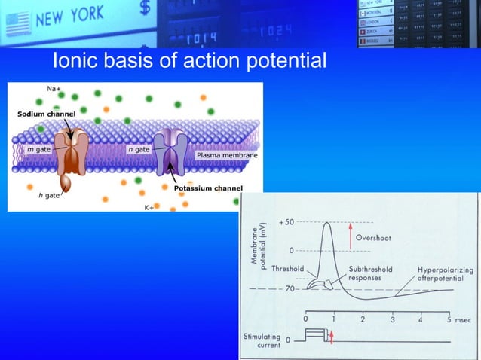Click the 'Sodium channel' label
(47, 114)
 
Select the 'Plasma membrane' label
(227, 155)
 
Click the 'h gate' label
(49, 195)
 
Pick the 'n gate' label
(139, 149)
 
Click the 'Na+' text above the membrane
(54, 90)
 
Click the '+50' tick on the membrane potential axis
(286, 223)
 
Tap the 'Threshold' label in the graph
(287, 269)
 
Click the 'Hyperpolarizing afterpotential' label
(441, 273)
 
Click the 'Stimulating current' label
(262, 341)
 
